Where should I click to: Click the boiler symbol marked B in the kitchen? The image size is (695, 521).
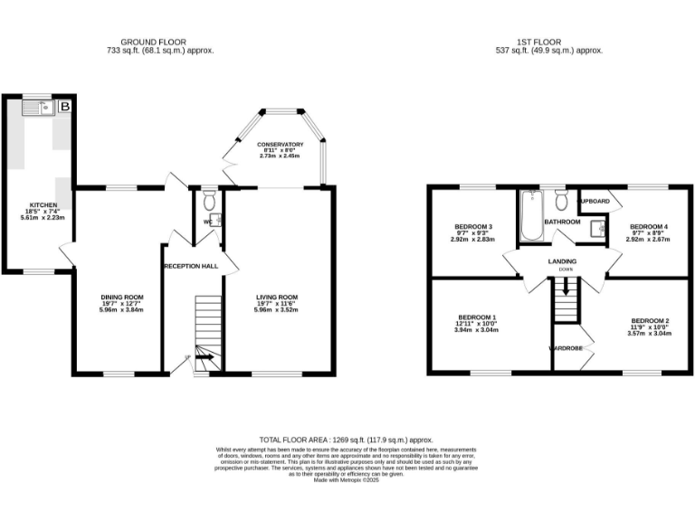[64, 108]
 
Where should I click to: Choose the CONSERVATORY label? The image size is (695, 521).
[280, 145]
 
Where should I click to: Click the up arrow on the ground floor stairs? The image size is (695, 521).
[204, 357]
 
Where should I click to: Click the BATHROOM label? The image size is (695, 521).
[562, 222]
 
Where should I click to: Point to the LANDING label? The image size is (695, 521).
[563, 261]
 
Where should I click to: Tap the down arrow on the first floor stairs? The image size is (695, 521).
[566, 289]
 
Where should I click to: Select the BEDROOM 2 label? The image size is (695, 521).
[650, 321]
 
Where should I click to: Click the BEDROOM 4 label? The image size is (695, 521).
[648, 226]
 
